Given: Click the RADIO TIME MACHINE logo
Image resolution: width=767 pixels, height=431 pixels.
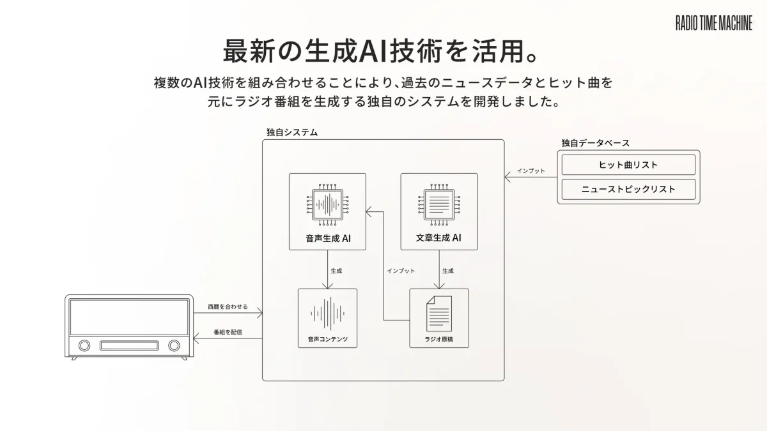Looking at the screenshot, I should pyautogui.click(x=714, y=24).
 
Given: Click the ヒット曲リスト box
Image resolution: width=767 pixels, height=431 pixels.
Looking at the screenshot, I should pyautogui.click(x=628, y=165).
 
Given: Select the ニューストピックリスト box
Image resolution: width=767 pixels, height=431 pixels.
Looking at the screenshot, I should pyautogui.click(x=628, y=189).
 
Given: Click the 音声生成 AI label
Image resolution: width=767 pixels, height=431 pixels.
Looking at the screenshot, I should pyautogui.click(x=327, y=239).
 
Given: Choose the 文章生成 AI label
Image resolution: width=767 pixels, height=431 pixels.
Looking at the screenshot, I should pyautogui.click(x=438, y=239).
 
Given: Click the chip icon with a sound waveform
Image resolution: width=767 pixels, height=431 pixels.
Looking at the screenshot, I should pyautogui.click(x=327, y=205).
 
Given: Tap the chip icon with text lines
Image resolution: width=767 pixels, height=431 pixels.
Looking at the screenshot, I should pyautogui.click(x=438, y=205).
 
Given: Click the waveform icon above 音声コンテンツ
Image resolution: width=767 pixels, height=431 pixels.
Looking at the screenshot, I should pyautogui.click(x=327, y=313).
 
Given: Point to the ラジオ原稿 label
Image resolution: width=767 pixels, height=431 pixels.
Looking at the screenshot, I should pyautogui.click(x=438, y=338).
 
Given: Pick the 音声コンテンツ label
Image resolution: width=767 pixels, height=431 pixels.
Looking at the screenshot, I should pyautogui.click(x=327, y=338).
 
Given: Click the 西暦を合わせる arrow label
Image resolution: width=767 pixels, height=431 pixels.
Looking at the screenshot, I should pyautogui.click(x=228, y=307).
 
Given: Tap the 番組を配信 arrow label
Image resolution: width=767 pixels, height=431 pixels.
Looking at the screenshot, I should pyautogui.click(x=228, y=332).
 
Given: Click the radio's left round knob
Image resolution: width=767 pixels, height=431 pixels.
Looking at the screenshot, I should pyautogui.click(x=84, y=345).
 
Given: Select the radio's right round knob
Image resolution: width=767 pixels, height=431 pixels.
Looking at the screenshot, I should pyautogui.click(x=174, y=345).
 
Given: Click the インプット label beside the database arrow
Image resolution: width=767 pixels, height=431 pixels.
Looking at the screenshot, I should pyautogui.click(x=531, y=171).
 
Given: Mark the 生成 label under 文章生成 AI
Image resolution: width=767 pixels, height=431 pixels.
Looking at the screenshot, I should pyautogui.click(x=448, y=271).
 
